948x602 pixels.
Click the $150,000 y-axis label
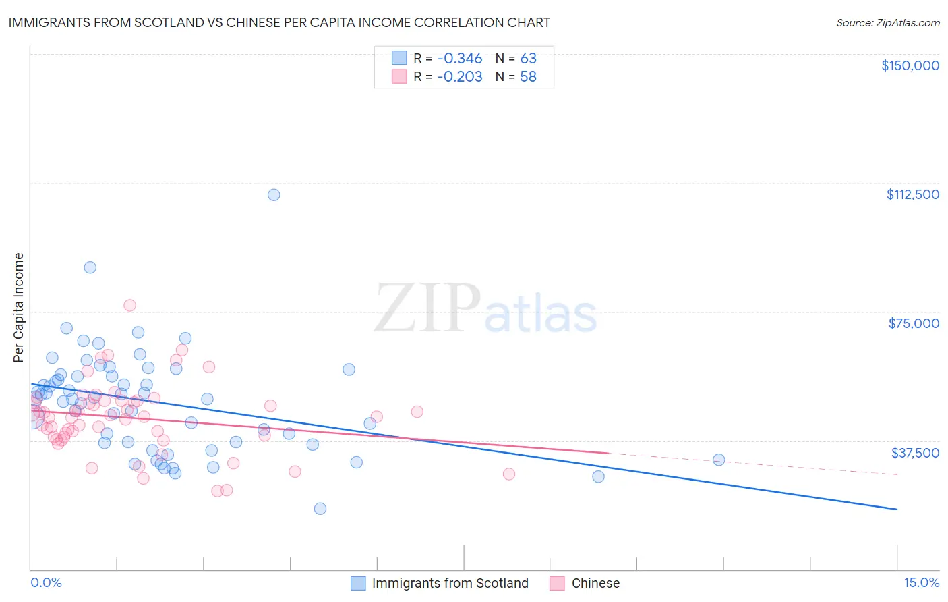tap(910, 65)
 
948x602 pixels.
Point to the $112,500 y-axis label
tap(912, 194)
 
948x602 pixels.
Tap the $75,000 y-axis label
tap(914, 323)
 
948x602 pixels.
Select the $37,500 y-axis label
tap(915, 453)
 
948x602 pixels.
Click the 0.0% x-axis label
tap(46, 582)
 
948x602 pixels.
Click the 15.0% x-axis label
tap(921, 582)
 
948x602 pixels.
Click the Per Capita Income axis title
tap(19, 307)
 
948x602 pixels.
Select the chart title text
tap(279, 22)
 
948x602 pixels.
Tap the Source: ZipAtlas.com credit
tap(887, 23)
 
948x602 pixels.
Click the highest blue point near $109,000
tap(274, 195)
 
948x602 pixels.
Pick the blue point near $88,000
tap(90, 267)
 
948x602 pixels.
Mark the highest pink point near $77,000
tap(129, 305)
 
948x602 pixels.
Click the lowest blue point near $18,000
tap(320, 508)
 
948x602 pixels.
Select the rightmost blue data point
tap(719, 460)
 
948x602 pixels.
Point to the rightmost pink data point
tap(509, 474)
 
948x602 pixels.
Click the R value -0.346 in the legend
tap(459, 58)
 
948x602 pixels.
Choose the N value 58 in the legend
tap(528, 76)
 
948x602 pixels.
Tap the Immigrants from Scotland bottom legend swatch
tap(358, 583)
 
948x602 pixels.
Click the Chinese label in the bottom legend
tap(595, 583)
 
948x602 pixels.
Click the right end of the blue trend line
tap(897, 509)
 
